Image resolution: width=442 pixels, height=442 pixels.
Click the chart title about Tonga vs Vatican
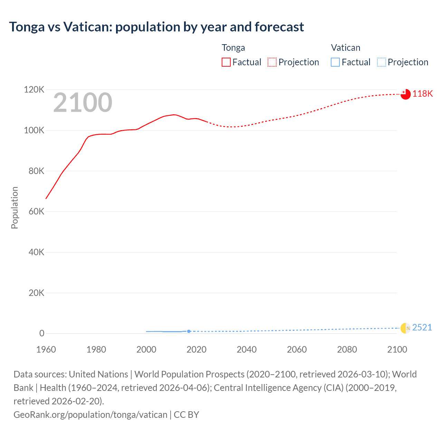156,27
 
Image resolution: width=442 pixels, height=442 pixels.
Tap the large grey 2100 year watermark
83,103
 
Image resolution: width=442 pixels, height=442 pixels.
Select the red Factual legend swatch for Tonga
226,62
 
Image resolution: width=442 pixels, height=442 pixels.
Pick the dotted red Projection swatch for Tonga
272,62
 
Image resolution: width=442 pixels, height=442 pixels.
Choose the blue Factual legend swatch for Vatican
335,62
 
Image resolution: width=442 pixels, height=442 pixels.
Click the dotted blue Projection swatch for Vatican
382,62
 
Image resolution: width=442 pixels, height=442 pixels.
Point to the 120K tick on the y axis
34,90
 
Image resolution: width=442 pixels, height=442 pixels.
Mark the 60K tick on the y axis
36,211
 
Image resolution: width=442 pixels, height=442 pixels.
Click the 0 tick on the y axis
42,333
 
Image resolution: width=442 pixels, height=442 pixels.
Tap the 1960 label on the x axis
46,349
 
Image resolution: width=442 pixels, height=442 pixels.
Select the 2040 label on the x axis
247,349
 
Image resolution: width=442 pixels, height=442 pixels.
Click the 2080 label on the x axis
347,349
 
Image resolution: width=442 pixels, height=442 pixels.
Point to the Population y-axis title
15,208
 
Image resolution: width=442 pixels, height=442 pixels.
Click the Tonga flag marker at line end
405,94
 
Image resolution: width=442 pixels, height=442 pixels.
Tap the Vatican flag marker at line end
405,328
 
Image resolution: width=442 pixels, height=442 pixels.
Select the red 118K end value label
423,94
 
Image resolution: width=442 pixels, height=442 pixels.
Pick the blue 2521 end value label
422,327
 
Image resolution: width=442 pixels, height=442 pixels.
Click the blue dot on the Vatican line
189,331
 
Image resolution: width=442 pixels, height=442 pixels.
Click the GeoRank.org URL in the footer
90,414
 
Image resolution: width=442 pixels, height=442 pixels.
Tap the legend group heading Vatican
345,48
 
